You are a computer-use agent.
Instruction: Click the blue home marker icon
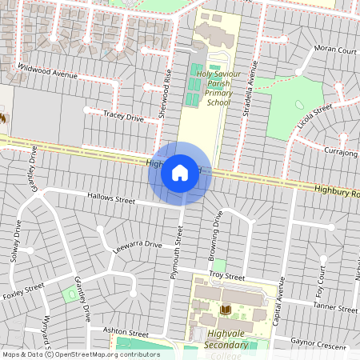point(180,173)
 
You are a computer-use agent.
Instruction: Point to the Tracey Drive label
point(123,117)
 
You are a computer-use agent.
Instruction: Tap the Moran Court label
point(335,50)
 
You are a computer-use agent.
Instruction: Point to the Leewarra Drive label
point(138,245)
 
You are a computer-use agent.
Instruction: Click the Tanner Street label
point(336,307)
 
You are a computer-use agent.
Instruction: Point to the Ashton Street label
point(126,333)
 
